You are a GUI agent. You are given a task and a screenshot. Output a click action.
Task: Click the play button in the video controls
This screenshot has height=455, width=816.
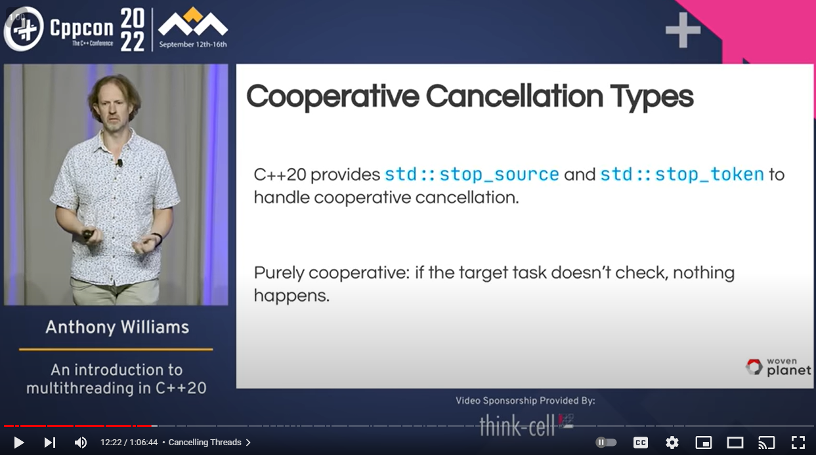coord(19,443)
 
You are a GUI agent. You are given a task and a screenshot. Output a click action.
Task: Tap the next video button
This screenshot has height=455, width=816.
coord(49,443)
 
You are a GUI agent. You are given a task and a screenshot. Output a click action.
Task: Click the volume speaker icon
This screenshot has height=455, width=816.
coord(81,443)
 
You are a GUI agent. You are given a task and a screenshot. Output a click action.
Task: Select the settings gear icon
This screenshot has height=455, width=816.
coord(672,443)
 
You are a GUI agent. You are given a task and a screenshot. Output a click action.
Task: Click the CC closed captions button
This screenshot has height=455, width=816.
coord(641,443)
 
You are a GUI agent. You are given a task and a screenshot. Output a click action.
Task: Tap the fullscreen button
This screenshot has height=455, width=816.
coord(798,443)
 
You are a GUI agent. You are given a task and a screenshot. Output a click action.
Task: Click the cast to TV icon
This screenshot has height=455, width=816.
coord(767,443)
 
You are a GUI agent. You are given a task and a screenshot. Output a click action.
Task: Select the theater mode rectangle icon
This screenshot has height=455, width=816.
coord(735,443)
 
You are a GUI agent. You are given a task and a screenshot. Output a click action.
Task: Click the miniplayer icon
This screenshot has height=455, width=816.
coord(704,443)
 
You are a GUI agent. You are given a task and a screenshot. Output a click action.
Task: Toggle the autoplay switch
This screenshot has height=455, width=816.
coord(606,443)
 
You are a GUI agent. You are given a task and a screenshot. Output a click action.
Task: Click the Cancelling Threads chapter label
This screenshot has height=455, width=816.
coord(205,443)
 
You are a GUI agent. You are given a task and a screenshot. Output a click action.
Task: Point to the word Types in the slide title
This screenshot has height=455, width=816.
coord(652,97)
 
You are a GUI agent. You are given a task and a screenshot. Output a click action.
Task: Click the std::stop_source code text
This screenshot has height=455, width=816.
coord(472,174)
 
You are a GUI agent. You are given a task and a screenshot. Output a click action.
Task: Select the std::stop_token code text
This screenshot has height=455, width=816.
coord(682,174)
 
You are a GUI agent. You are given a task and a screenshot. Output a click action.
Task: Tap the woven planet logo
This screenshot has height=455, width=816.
coord(778,367)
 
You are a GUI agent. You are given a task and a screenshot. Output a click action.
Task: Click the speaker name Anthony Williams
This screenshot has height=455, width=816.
coord(118,327)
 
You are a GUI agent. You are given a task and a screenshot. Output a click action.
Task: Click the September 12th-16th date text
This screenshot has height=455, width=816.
coord(193,45)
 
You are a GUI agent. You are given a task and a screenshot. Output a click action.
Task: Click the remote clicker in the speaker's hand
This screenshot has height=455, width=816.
coord(88,234)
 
